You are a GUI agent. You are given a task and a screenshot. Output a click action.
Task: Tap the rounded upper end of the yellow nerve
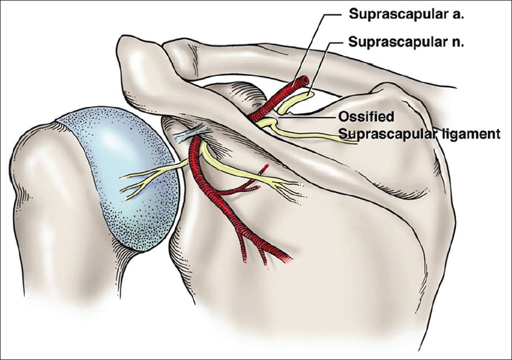[309, 96]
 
